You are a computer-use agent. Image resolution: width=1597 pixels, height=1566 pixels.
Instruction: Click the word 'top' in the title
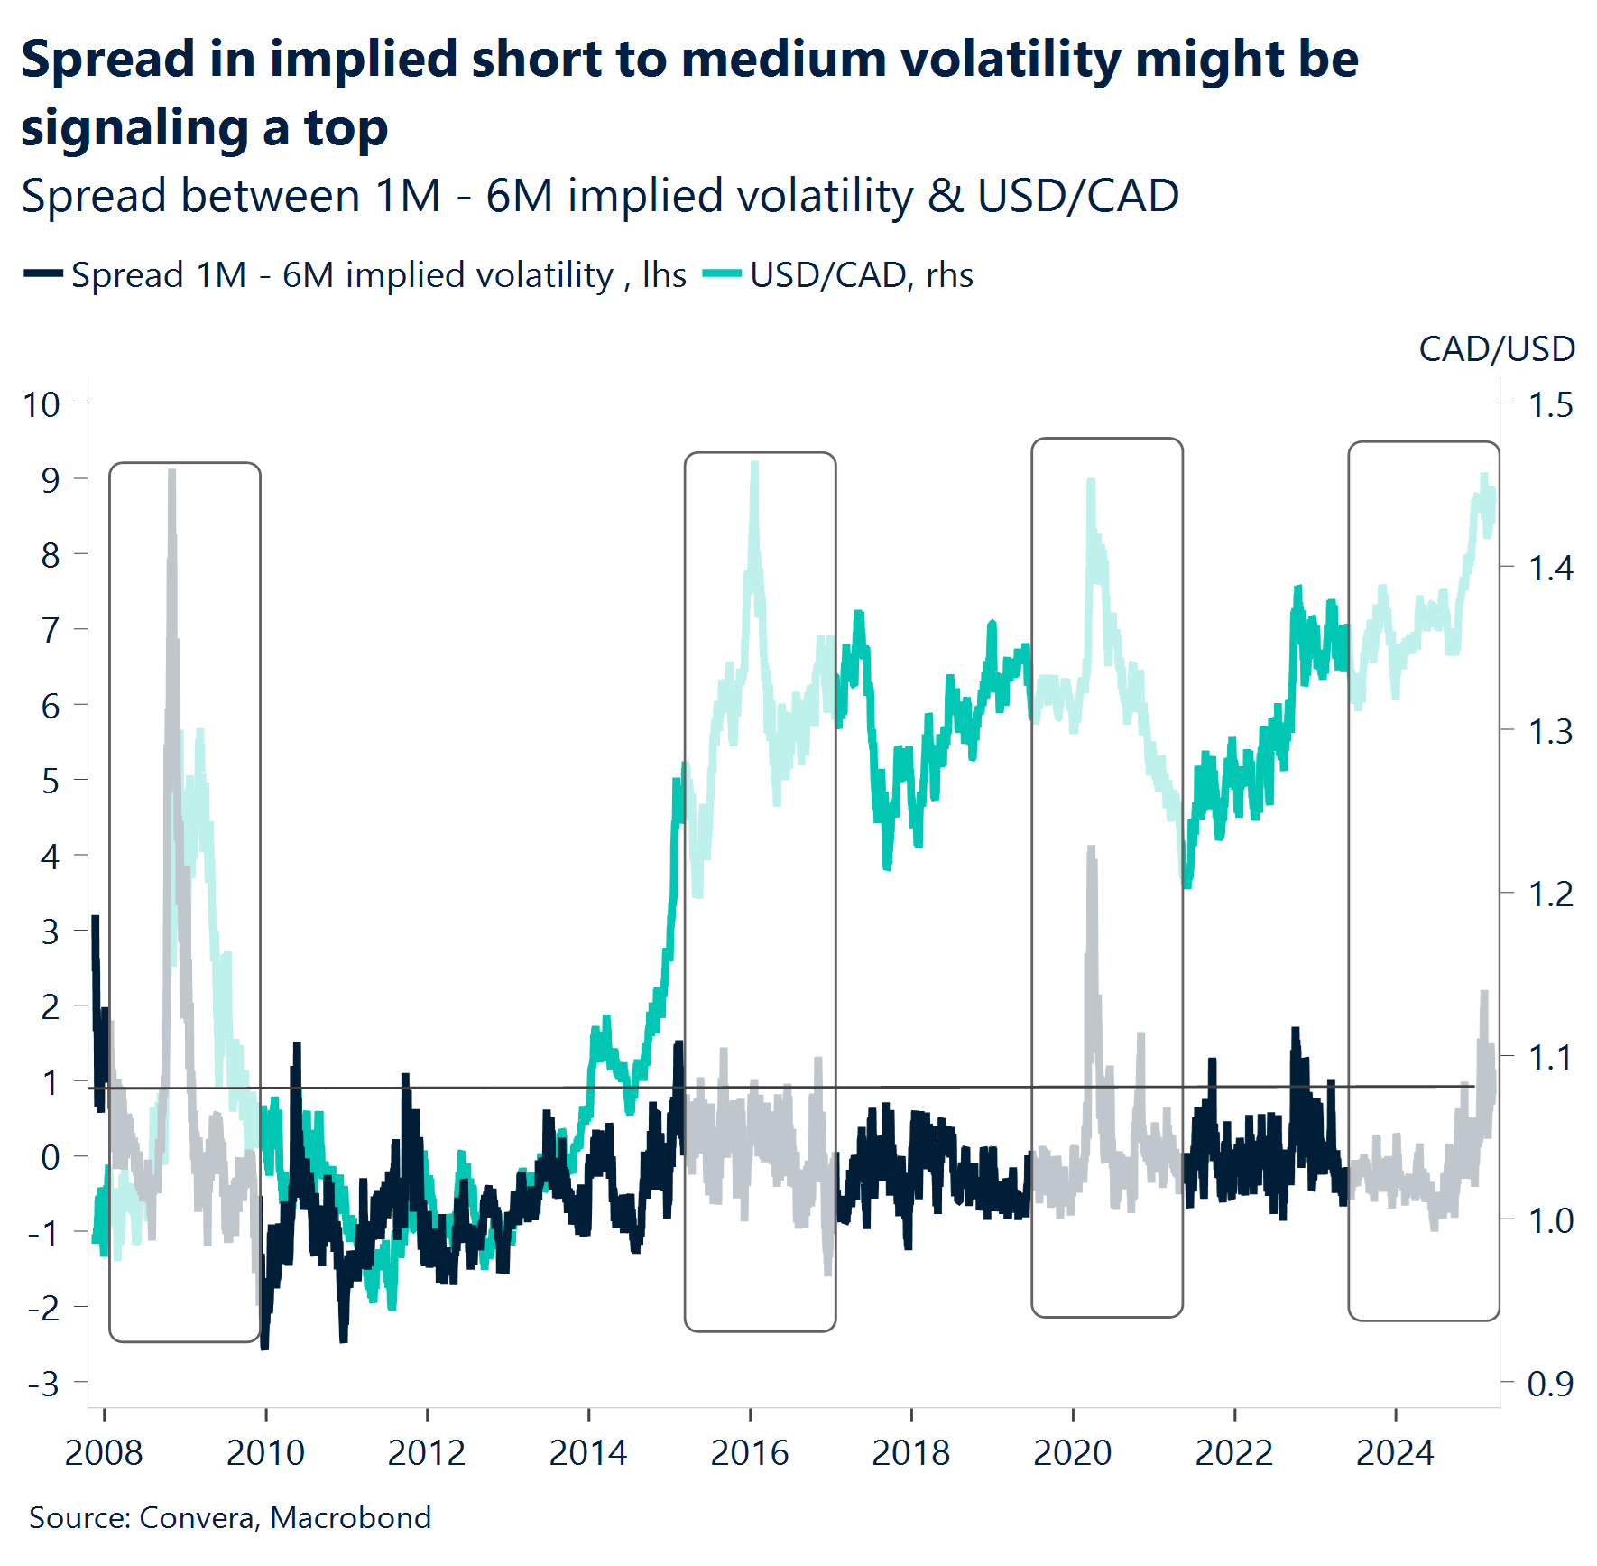point(346,128)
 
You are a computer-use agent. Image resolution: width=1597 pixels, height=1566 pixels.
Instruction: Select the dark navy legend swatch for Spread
point(42,274)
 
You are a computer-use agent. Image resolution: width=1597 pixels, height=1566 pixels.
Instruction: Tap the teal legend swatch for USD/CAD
point(721,274)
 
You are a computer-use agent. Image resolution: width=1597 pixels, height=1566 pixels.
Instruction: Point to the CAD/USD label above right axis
point(1496,349)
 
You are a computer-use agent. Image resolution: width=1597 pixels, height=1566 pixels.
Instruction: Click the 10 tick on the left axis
point(42,404)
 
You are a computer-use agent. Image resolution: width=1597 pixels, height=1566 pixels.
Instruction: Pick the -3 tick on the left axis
point(43,1383)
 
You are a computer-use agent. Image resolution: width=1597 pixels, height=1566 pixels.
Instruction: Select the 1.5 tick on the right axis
point(1549,405)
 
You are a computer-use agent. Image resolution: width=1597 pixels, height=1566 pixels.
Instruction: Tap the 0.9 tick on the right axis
point(1549,1383)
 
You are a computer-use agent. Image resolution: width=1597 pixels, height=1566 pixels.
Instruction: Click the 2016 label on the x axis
point(749,1453)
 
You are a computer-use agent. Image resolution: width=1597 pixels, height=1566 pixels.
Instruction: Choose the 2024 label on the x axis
point(1395,1453)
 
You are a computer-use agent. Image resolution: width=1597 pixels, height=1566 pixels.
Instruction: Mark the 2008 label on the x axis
point(104,1453)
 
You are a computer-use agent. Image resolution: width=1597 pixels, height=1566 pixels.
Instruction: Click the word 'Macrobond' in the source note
point(350,1518)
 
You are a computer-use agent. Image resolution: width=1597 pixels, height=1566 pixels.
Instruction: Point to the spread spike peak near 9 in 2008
point(171,472)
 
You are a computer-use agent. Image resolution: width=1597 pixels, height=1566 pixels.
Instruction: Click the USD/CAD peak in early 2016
point(754,465)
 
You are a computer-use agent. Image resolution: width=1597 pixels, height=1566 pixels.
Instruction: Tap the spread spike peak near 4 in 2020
point(1091,849)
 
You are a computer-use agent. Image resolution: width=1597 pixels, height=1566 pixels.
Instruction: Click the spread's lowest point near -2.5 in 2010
point(264,1347)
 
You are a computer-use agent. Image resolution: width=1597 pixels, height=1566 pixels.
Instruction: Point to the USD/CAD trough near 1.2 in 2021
point(1186,885)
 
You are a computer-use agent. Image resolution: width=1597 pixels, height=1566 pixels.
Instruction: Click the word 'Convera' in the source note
point(198,1518)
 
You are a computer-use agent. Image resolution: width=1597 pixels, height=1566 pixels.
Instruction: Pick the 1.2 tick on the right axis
point(1549,894)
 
